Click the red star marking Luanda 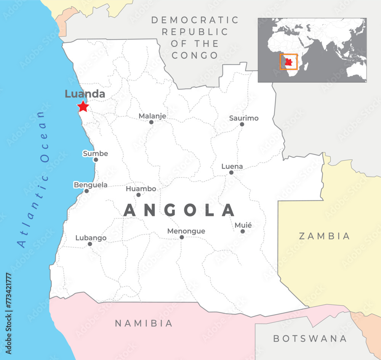coord(83,106)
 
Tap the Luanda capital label coord(85,94)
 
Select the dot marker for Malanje coord(151,122)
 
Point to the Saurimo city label coord(243,118)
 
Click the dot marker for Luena coord(231,173)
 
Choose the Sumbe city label coord(95,154)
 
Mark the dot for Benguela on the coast coord(86,191)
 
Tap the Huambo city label coord(141,189)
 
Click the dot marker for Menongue coord(182,237)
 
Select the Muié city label coord(243,225)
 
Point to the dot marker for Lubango coord(90,244)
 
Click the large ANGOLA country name coord(179,211)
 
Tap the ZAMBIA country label coord(324,236)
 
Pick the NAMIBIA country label coord(144,323)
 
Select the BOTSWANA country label coord(310,338)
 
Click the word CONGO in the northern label coord(194,55)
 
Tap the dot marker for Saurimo coord(242,124)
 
